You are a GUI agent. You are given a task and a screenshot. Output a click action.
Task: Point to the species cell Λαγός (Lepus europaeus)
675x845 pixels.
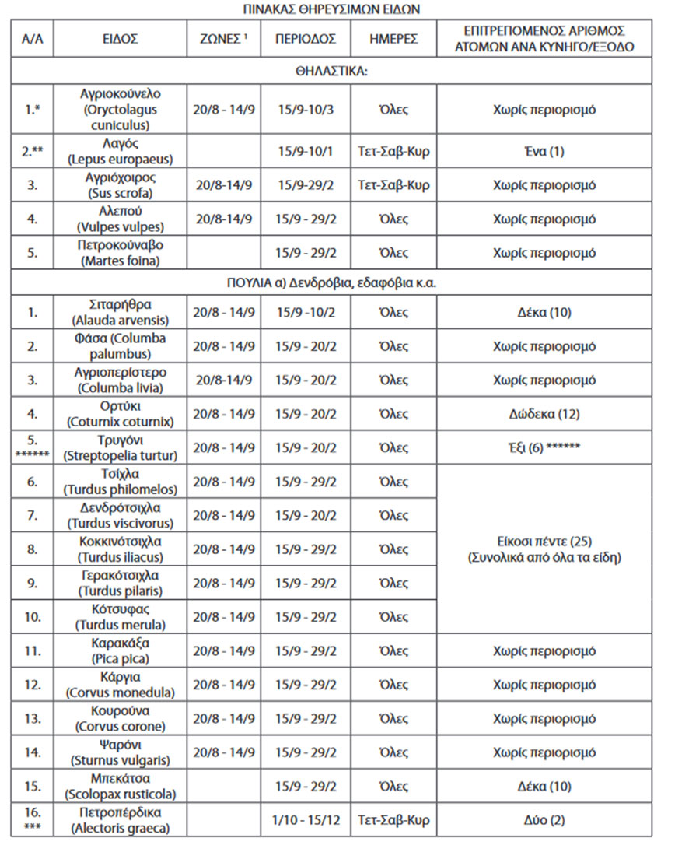[x=121, y=151]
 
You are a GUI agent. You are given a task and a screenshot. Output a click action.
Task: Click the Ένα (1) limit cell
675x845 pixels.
[x=545, y=151]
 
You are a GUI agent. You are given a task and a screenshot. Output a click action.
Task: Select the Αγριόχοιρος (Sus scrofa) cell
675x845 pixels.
[x=121, y=185]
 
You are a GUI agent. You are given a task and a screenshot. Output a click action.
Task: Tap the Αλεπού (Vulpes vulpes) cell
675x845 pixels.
[x=121, y=219]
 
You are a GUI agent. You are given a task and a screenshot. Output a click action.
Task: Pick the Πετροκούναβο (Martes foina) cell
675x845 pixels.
[x=121, y=252]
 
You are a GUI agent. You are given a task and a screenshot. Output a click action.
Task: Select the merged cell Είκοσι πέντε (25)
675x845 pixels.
[x=545, y=549]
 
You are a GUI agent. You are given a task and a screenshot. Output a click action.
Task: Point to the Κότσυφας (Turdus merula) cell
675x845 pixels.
[x=121, y=617]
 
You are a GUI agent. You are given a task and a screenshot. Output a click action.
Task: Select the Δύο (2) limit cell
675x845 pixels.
[x=545, y=819]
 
